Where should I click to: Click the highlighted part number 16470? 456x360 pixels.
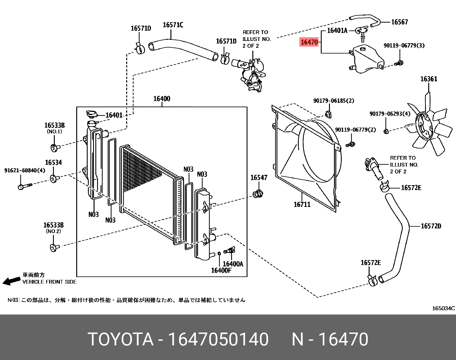[x=309, y=42]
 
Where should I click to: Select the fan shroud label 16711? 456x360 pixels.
[x=302, y=204]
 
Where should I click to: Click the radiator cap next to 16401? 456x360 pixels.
[x=92, y=115]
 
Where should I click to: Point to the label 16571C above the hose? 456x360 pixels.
[x=173, y=25]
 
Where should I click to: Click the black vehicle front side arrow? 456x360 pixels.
[x=11, y=281]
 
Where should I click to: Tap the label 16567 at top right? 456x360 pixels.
[x=399, y=22]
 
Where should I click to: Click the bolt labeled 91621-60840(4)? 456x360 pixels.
[x=24, y=186]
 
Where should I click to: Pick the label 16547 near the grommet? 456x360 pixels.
[x=259, y=178]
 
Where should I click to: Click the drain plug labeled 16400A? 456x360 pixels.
[x=229, y=251]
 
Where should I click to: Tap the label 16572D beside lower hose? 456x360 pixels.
[x=431, y=226]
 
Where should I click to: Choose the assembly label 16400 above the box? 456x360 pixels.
[x=162, y=99]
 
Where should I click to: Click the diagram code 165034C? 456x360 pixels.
[x=443, y=308]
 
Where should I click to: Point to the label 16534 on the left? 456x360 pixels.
[x=54, y=163]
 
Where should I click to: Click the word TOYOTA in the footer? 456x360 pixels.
[x=120, y=339]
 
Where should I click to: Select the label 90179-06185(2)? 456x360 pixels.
[x=333, y=101]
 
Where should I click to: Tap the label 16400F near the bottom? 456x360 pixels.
[x=221, y=270]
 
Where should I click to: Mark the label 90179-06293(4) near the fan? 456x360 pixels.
[x=390, y=114]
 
